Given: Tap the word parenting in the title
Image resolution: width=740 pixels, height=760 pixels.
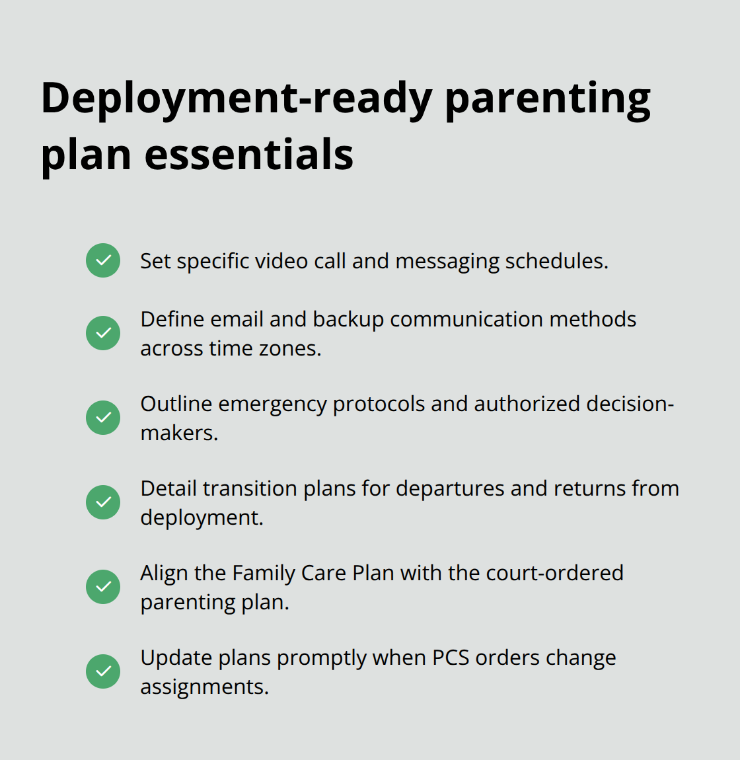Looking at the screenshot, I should (547, 99).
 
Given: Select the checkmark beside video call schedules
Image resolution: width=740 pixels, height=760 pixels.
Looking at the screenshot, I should (103, 260).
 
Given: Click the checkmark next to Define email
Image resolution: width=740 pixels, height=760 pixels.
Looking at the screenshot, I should (103, 332).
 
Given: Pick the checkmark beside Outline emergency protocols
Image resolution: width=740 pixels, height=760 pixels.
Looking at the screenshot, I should (103, 417).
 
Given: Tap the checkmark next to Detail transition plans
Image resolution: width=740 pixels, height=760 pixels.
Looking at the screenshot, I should (103, 502).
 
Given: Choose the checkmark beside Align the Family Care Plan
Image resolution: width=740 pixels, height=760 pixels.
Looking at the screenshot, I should (103, 586).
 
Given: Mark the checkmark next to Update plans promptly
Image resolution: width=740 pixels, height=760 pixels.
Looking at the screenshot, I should (103, 671).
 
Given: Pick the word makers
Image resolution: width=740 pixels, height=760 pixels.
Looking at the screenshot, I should (179, 433).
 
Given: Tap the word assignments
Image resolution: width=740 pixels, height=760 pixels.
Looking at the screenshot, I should (204, 687).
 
